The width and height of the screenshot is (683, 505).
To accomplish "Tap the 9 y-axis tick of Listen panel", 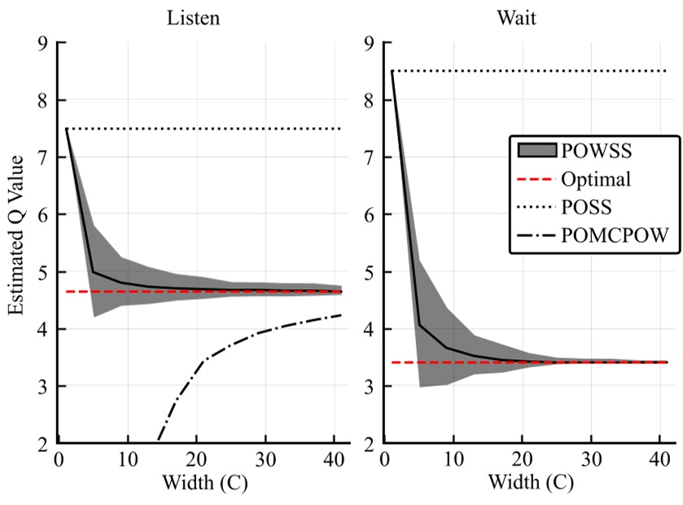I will (39, 43).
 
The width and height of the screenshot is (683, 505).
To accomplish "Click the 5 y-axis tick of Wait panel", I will (366, 272).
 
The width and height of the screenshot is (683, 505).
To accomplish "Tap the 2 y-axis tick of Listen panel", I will (39, 444).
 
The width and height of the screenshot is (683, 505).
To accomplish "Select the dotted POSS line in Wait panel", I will (529, 72).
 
